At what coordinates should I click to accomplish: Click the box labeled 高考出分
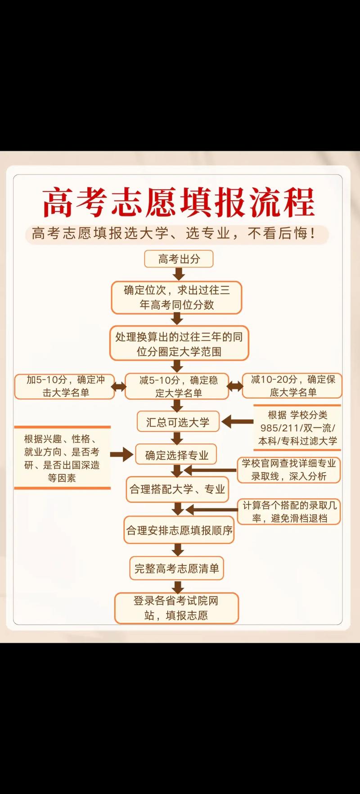coord(179,259)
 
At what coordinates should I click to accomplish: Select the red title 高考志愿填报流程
coord(179,203)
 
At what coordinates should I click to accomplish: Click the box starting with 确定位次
coord(176,297)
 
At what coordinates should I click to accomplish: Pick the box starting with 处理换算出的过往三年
coord(179,344)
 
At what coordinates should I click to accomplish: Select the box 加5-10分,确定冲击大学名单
coord(65,386)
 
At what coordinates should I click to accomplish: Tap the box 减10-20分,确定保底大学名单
coord(292,386)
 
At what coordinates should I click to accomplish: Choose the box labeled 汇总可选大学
coord(178,422)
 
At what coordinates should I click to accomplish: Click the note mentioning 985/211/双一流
coord(297,428)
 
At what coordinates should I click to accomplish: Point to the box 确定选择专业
coord(176,455)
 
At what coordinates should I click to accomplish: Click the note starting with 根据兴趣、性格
coord(62,458)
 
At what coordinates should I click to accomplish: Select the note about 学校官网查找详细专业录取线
coord(289,470)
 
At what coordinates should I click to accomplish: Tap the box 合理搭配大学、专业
coord(177,489)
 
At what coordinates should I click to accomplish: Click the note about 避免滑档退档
coord(289,512)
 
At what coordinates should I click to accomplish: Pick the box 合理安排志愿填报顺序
coord(179,530)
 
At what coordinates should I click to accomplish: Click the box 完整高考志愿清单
coord(176,569)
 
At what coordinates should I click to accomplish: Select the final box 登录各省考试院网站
coord(176,608)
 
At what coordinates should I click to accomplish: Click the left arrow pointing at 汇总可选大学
coord(238,422)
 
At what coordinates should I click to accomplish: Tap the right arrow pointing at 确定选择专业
coord(121,454)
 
